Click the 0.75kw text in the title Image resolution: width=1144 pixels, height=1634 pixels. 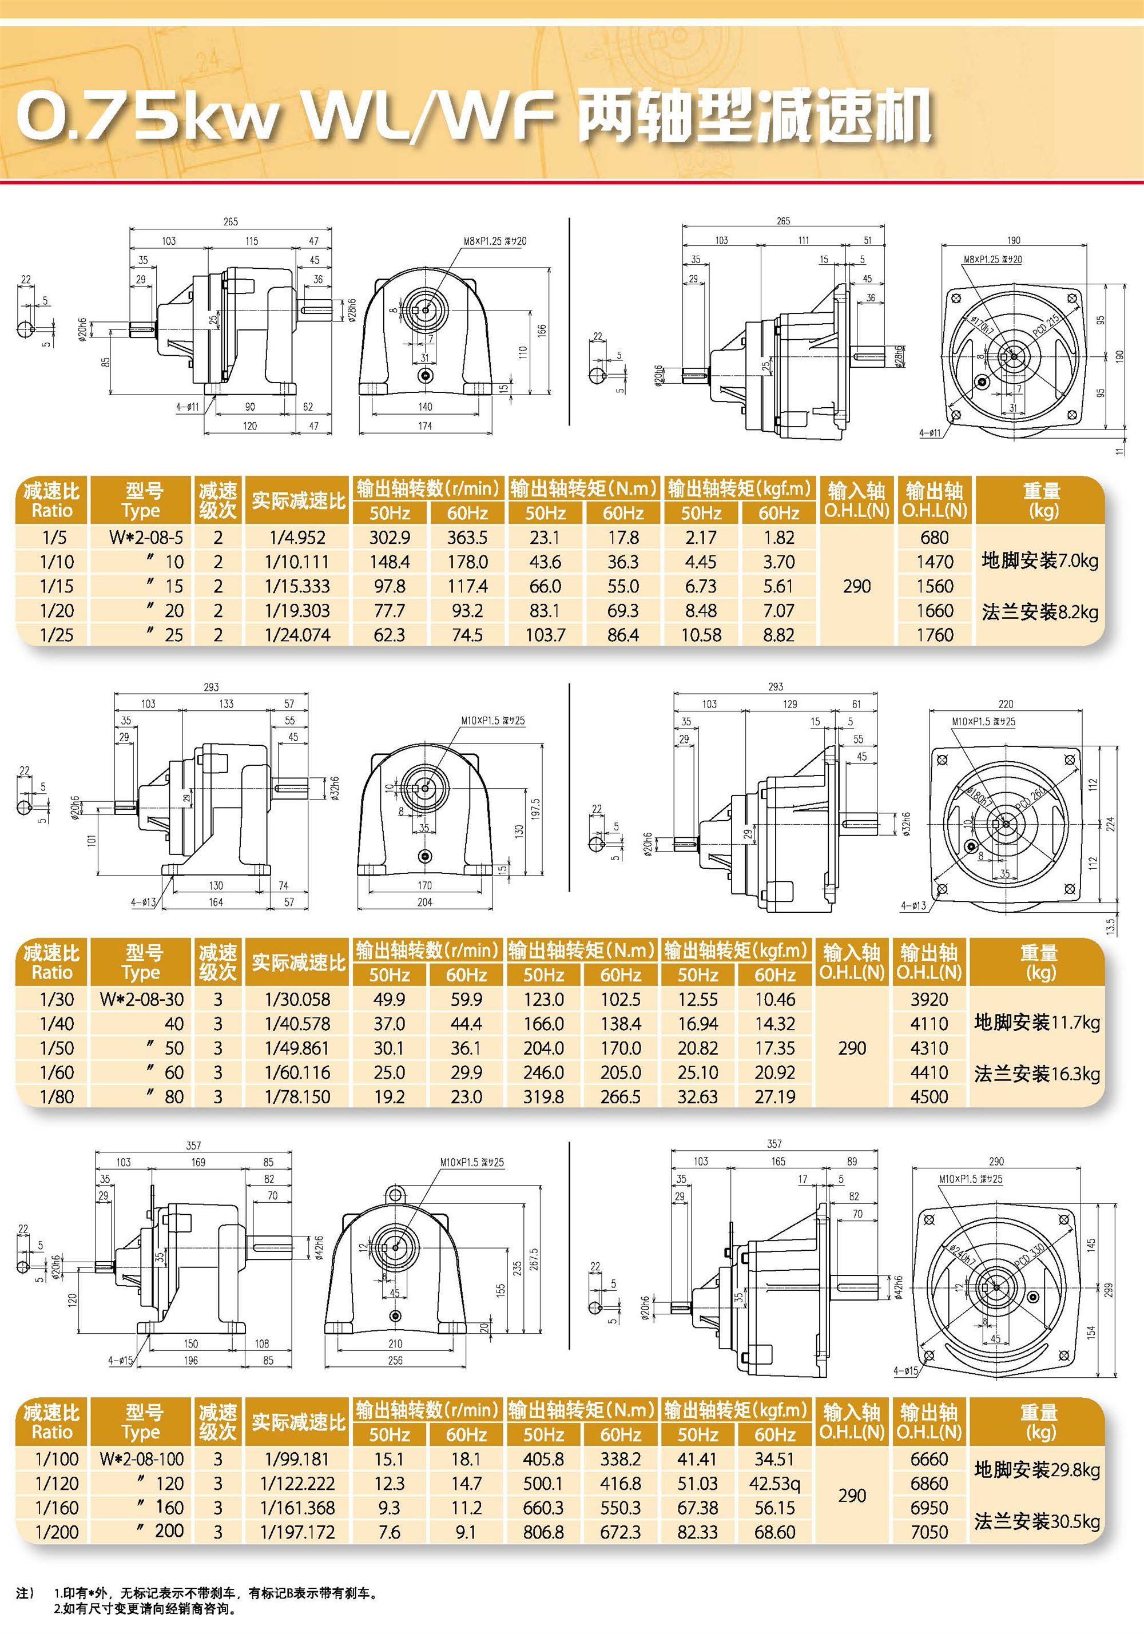[146, 116]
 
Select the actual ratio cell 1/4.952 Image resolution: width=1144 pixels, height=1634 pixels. [297, 537]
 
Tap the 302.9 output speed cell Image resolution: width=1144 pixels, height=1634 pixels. [390, 537]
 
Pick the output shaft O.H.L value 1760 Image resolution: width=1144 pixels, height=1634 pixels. [934, 635]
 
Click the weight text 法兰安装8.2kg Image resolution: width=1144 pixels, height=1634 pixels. [1039, 612]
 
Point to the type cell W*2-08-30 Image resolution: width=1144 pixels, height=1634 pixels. [142, 999]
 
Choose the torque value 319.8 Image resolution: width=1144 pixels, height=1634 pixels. [543, 1097]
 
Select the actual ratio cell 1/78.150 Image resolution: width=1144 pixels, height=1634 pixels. [297, 1097]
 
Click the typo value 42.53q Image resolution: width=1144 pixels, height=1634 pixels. [774, 1483]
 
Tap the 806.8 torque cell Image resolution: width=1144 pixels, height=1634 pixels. [543, 1532]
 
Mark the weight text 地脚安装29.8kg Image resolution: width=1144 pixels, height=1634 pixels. [1036, 1470]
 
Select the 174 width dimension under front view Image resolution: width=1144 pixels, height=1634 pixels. [425, 426]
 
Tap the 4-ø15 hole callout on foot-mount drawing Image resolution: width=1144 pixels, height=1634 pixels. [120, 1360]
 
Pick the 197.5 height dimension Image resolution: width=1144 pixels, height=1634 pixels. [535, 809]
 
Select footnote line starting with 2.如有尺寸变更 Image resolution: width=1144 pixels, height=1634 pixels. [145, 1608]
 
